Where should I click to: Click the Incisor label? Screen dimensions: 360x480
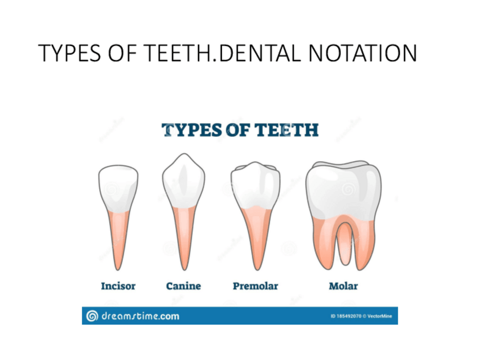pos(118,286)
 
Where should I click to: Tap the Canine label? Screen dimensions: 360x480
pos(183,286)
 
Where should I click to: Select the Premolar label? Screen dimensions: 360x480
pos(255,286)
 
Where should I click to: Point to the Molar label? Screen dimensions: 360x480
pos(343,286)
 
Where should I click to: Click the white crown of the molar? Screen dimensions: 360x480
pos(343,187)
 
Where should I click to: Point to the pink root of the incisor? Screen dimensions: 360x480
pos(118,238)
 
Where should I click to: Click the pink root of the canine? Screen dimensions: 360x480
pos(183,238)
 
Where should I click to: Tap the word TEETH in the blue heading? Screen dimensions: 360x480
pos(288,130)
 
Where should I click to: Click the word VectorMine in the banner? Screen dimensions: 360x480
pos(379,316)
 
